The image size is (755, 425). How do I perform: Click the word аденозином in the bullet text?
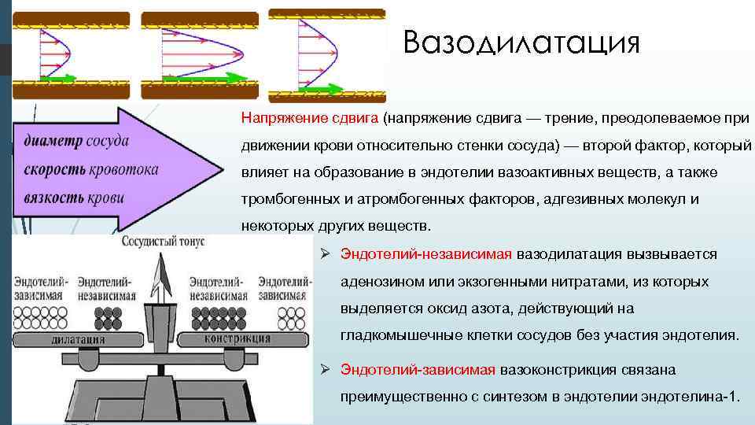(x=379, y=281)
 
